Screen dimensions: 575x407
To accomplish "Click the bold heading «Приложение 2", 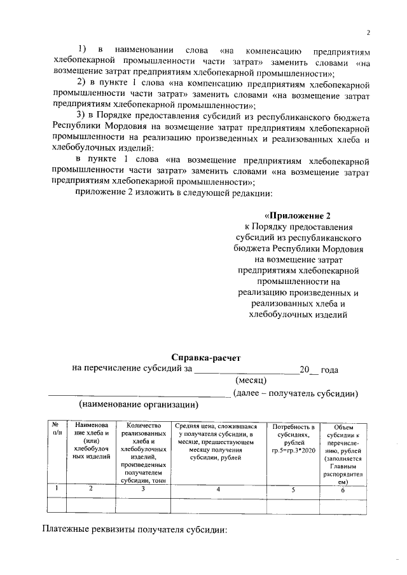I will [298, 215].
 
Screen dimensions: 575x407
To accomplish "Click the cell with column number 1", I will [56, 489].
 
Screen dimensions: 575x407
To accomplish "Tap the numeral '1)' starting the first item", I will [83, 49].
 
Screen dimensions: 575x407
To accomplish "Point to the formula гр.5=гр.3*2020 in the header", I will [293, 450].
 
